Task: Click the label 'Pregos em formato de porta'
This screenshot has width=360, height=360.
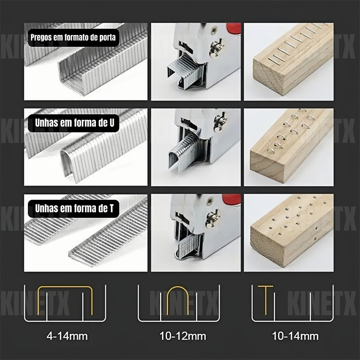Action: pos(73,37)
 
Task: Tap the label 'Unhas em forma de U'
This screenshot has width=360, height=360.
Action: pos(74,123)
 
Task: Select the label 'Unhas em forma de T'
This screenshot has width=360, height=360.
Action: pos(74,208)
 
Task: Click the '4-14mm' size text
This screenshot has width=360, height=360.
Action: pos(67,336)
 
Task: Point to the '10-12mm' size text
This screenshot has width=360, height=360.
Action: pos(183,336)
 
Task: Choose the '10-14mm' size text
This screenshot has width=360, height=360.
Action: pos(295,336)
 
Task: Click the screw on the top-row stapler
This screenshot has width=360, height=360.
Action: pos(216,49)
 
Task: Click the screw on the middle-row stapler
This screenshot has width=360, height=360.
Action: pos(220,121)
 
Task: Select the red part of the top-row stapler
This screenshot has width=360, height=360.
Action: pos(234,28)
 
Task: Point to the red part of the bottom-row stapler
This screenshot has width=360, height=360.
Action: pos(231,199)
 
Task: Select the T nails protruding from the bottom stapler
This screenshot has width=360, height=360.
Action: pos(189,245)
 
